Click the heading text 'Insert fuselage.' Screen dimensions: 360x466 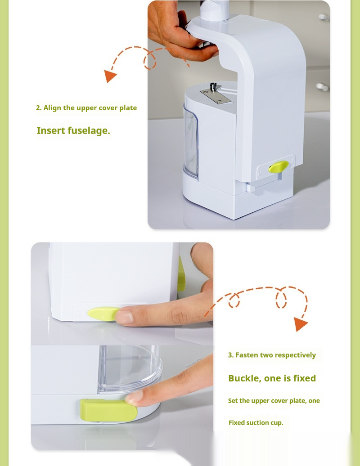(x=73, y=131)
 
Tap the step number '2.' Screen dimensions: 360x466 (x=39, y=108)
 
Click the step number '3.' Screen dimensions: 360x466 (x=231, y=355)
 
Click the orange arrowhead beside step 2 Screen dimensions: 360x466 (x=109, y=76)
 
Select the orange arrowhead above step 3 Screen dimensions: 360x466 (x=300, y=324)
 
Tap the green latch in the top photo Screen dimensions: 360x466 (x=279, y=166)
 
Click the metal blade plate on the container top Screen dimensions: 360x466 (x=216, y=96)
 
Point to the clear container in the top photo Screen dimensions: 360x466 (x=191, y=141)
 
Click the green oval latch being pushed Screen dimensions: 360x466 (x=103, y=314)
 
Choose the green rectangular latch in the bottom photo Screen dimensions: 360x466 (x=108, y=410)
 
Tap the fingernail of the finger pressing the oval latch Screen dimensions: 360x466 (x=124, y=318)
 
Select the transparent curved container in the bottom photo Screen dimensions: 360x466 (x=130, y=370)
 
